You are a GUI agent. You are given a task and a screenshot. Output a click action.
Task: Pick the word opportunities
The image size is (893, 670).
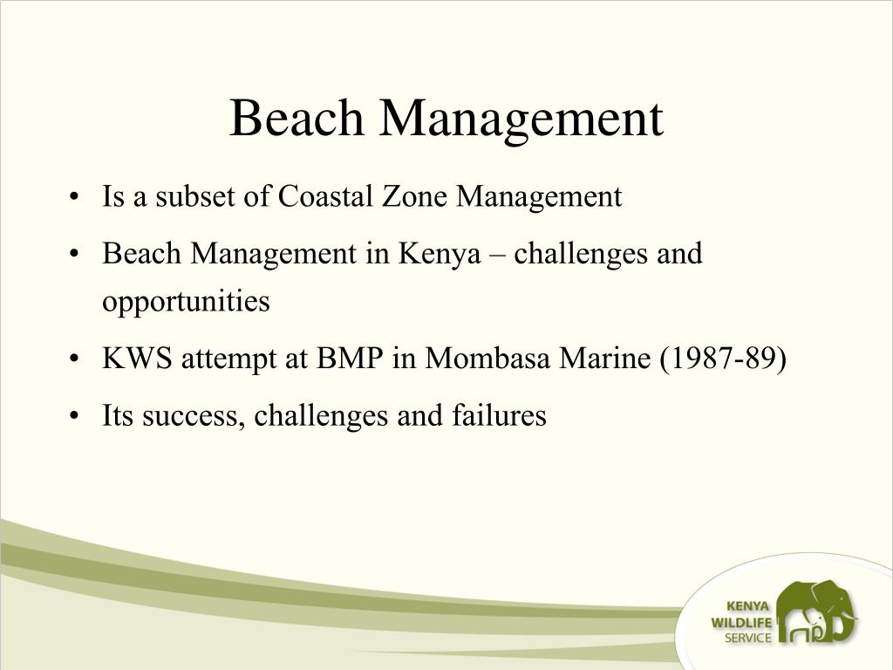(186, 302)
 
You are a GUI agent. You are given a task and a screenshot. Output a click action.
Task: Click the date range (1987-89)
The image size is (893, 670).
(722, 359)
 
